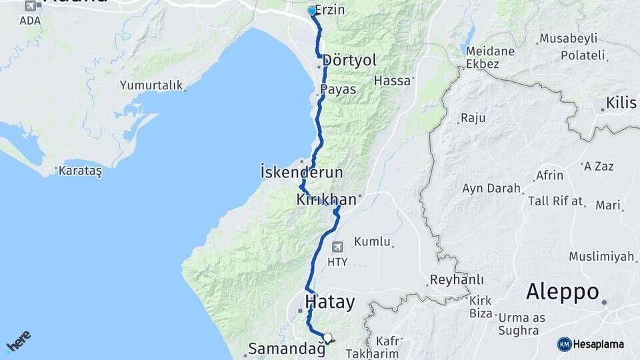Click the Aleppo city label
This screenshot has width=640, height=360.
[562, 292]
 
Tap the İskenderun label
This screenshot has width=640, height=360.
[301, 173]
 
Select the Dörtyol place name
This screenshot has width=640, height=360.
[349, 61]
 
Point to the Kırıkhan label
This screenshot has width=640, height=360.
[327, 199]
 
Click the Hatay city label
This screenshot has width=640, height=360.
[329, 302]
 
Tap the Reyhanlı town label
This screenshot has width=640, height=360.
[457, 279]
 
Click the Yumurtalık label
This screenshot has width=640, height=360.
[151, 85]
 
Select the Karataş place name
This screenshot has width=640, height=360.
[80, 171]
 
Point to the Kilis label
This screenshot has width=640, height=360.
[622, 103]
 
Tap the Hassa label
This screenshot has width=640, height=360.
[391, 80]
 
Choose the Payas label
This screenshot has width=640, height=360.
[338, 89]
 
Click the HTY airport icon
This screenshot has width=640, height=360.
[337, 247]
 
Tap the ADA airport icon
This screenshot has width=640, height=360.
[31, 6]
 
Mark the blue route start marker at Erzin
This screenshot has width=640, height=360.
[311, 11]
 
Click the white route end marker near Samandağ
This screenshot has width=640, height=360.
[327, 337]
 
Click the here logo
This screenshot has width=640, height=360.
[18, 341]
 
